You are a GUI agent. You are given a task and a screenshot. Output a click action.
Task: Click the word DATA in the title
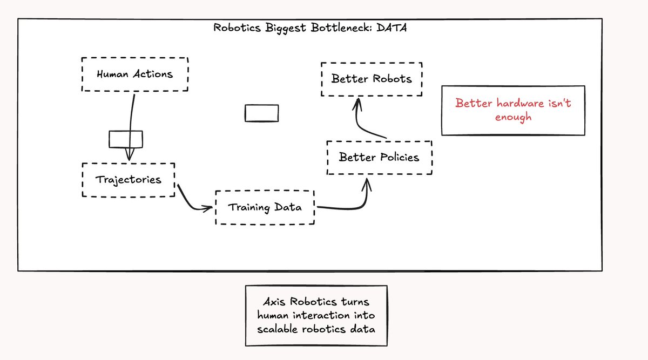click(391, 28)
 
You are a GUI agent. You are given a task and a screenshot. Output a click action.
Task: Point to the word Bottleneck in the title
click(341, 28)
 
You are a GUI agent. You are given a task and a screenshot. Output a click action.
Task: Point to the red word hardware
click(520, 103)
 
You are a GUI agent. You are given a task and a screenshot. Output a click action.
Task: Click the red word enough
click(513, 117)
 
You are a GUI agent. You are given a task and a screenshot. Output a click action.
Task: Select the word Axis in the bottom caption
click(274, 302)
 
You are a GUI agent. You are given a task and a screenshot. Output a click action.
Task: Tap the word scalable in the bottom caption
click(278, 329)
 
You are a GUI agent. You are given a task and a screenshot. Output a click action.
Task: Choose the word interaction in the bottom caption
click(321, 315)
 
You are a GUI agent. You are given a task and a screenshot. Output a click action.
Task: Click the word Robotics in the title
click(237, 28)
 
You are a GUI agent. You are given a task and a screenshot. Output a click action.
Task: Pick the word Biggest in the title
click(286, 29)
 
